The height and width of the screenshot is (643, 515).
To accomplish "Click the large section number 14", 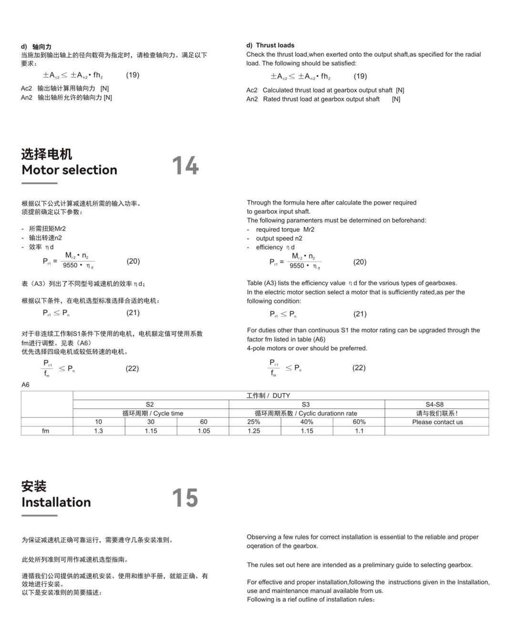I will click(x=185, y=165).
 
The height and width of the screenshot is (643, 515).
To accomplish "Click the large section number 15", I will click(x=185, y=498).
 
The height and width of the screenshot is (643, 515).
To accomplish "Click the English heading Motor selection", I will click(x=69, y=170).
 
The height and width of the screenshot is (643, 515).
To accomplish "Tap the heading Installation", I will click(x=56, y=502).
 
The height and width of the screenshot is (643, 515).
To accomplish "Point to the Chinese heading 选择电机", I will click(x=46, y=154).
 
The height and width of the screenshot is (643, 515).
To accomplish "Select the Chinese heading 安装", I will click(x=34, y=486).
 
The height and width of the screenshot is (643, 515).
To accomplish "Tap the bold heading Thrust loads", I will click(x=275, y=45).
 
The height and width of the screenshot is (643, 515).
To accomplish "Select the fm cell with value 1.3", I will click(x=99, y=431).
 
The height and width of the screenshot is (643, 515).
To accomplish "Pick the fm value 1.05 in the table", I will click(x=204, y=431).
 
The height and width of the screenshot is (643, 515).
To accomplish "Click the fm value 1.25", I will click(x=254, y=431).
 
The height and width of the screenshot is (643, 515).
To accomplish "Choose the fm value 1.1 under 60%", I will click(x=359, y=431).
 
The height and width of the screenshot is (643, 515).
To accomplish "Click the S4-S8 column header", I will click(x=434, y=404).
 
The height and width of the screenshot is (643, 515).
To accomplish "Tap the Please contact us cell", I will click(x=437, y=422).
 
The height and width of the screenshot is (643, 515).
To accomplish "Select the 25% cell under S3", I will click(x=254, y=422).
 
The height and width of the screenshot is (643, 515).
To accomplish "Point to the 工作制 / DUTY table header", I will click(x=268, y=395).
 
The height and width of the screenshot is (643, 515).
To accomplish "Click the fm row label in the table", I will click(x=45, y=431).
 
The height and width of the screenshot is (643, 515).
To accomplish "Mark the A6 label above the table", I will click(x=25, y=385).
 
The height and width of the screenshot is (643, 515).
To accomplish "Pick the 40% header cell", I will click(x=307, y=422).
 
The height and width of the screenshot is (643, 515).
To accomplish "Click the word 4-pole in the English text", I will click(x=256, y=348).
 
